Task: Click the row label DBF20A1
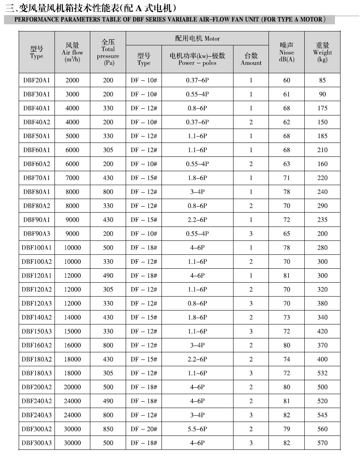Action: click(37, 80)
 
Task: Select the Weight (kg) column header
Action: click(322, 52)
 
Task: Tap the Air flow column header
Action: click(72, 52)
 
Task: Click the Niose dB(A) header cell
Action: click(286, 52)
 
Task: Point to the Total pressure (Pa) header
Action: click(108, 52)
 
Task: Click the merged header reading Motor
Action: click(197, 39)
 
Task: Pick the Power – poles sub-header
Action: click(197, 59)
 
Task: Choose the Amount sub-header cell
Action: click(251, 59)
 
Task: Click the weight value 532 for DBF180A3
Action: click(322, 373)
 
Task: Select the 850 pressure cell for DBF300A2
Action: click(108, 429)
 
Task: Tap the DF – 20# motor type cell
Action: click(144, 429)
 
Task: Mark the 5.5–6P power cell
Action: click(197, 429)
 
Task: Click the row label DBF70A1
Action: click(37, 178)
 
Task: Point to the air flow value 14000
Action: click(72, 317)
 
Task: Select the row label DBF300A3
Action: click(37, 443)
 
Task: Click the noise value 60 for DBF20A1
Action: click(286, 80)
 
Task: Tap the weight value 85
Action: click(322, 80)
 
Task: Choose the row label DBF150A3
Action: click(37, 331)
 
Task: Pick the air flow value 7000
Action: click(72, 178)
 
